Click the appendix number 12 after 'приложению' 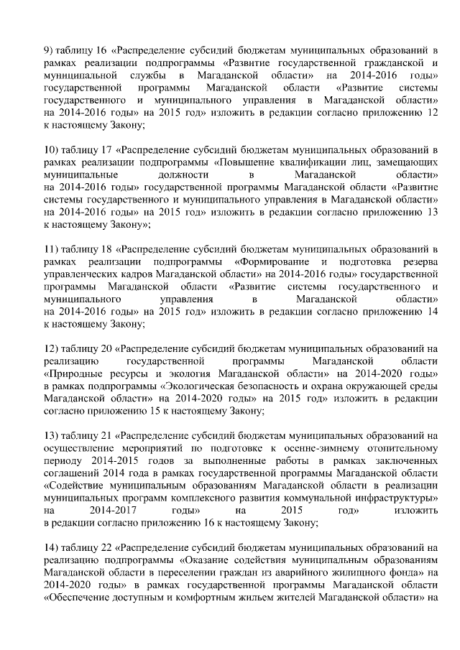point(432,113)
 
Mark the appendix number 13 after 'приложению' point(432,213)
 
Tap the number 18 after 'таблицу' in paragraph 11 point(105,250)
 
